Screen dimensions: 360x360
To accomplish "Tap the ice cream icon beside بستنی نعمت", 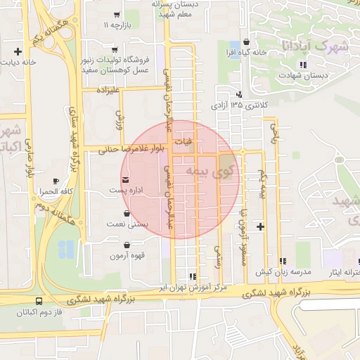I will click(127, 212).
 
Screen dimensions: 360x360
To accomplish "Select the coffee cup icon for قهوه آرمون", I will click(127, 245).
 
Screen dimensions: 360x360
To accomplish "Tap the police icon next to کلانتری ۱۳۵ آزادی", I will click(240, 94).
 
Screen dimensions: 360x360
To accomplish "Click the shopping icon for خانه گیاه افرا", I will click(245, 42).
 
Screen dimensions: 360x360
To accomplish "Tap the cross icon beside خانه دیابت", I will click(18, 51).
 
